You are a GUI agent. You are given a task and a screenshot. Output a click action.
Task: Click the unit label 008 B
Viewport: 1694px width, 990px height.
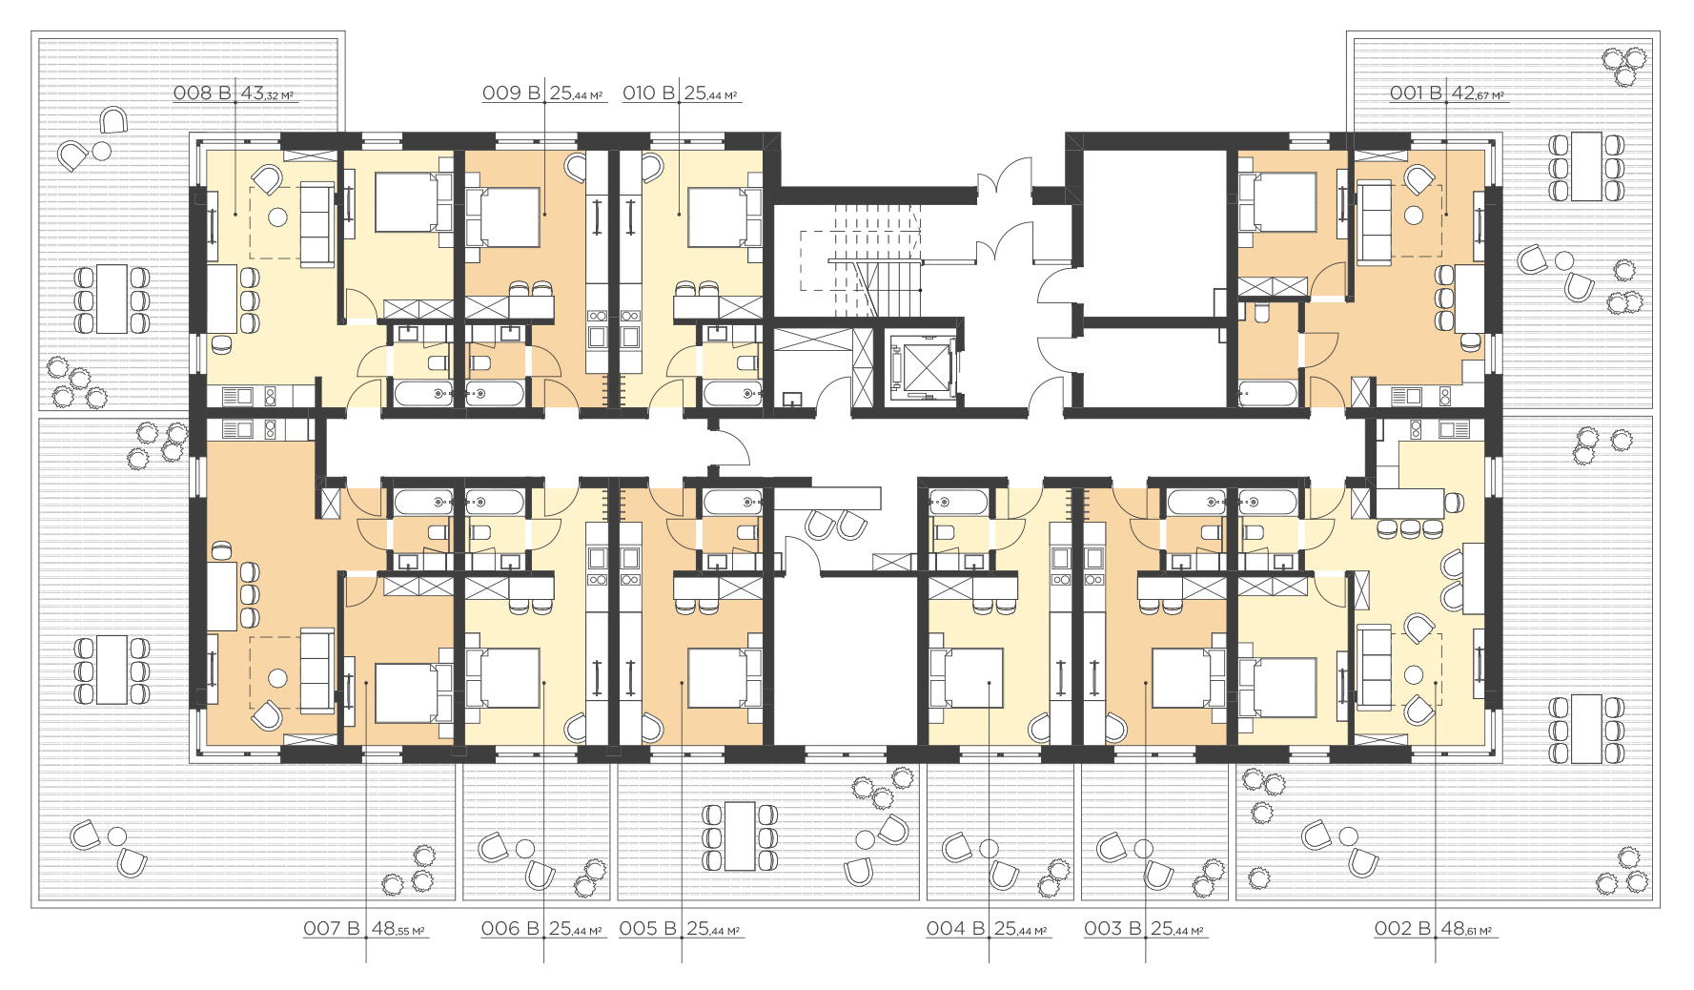coord(202,93)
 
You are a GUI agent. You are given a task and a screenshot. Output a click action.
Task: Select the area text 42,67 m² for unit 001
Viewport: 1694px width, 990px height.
coord(1478,93)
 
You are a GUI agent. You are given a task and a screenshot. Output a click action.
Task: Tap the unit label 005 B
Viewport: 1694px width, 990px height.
coord(648,928)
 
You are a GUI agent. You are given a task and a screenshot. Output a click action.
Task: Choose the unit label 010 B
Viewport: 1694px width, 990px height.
coord(649,93)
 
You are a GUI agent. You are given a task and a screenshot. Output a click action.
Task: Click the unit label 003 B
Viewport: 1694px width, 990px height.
coord(1112,928)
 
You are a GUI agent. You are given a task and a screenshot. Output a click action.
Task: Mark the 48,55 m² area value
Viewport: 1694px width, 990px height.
coord(398,928)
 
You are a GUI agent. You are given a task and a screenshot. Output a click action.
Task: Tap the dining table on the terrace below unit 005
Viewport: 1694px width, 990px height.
coord(740,836)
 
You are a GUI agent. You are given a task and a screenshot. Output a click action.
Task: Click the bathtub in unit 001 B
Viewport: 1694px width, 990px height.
coord(1268,394)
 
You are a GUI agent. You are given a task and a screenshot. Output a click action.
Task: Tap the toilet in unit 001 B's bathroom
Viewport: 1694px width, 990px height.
coord(1263,313)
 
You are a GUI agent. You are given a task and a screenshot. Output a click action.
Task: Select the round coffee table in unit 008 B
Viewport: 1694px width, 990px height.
coord(277,217)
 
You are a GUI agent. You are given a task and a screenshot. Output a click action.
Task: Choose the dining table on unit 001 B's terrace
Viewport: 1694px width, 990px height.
coord(1586,167)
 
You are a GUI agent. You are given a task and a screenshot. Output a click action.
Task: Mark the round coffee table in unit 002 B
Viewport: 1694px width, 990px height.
coord(1414,675)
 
